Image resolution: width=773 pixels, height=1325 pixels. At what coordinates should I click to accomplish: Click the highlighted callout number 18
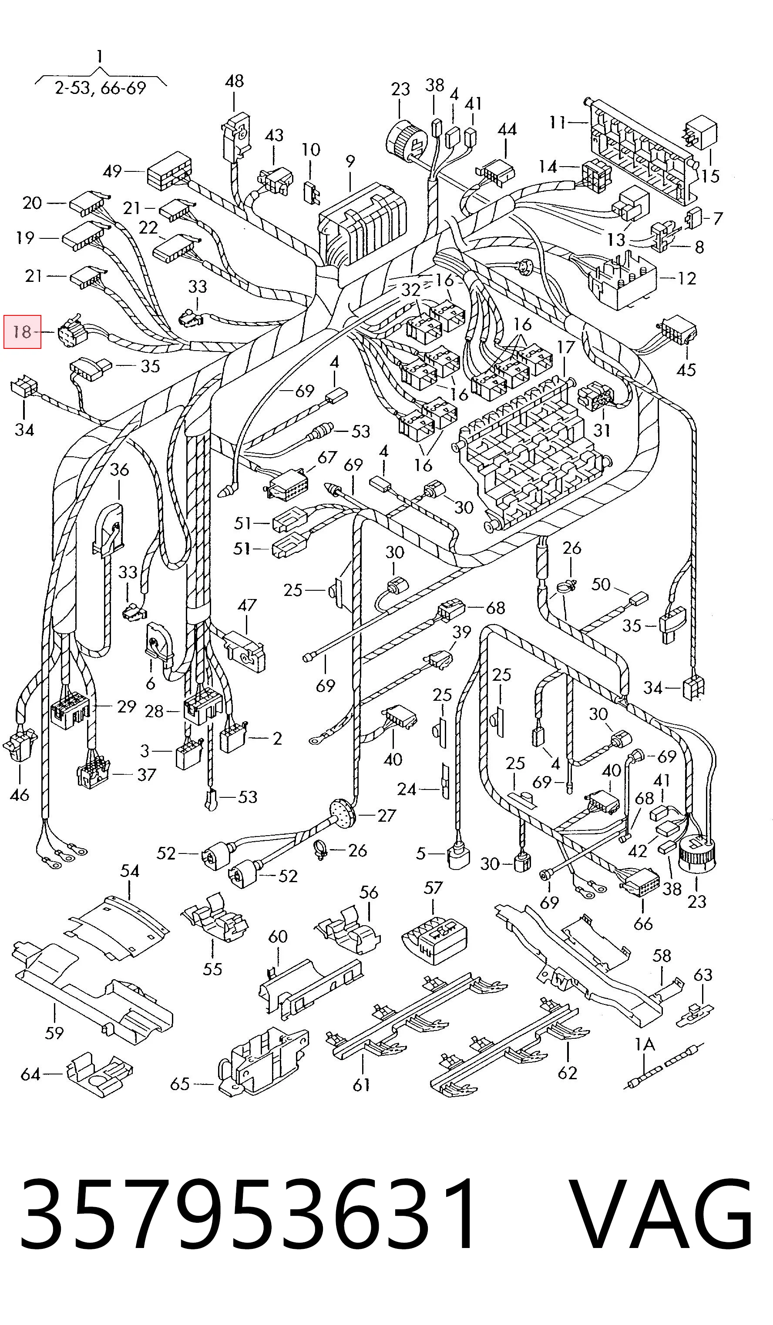coord(22,332)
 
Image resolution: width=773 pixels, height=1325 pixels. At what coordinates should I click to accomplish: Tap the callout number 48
coord(234,81)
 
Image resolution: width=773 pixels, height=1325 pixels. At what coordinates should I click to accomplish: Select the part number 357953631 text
coord(247,1209)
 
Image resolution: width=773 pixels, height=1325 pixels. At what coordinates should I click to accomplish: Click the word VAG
coord(662,1209)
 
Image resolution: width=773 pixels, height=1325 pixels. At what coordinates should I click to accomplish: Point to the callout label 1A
coord(645,1043)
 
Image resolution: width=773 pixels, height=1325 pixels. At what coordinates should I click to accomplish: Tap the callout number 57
coord(433,887)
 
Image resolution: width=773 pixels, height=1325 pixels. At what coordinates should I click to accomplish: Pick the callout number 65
coord(179,1084)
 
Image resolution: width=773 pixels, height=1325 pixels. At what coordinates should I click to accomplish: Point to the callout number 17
coord(566,348)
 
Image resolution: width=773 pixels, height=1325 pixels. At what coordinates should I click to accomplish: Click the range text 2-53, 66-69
coord(100,88)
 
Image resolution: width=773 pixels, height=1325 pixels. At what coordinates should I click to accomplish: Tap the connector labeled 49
coord(168,171)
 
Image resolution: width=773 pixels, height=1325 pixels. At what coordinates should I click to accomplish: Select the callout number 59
coord(54,1033)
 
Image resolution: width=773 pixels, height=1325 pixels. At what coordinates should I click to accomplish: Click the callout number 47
coord(247,605)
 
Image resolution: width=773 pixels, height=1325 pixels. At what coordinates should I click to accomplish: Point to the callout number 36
coord(119,469)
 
